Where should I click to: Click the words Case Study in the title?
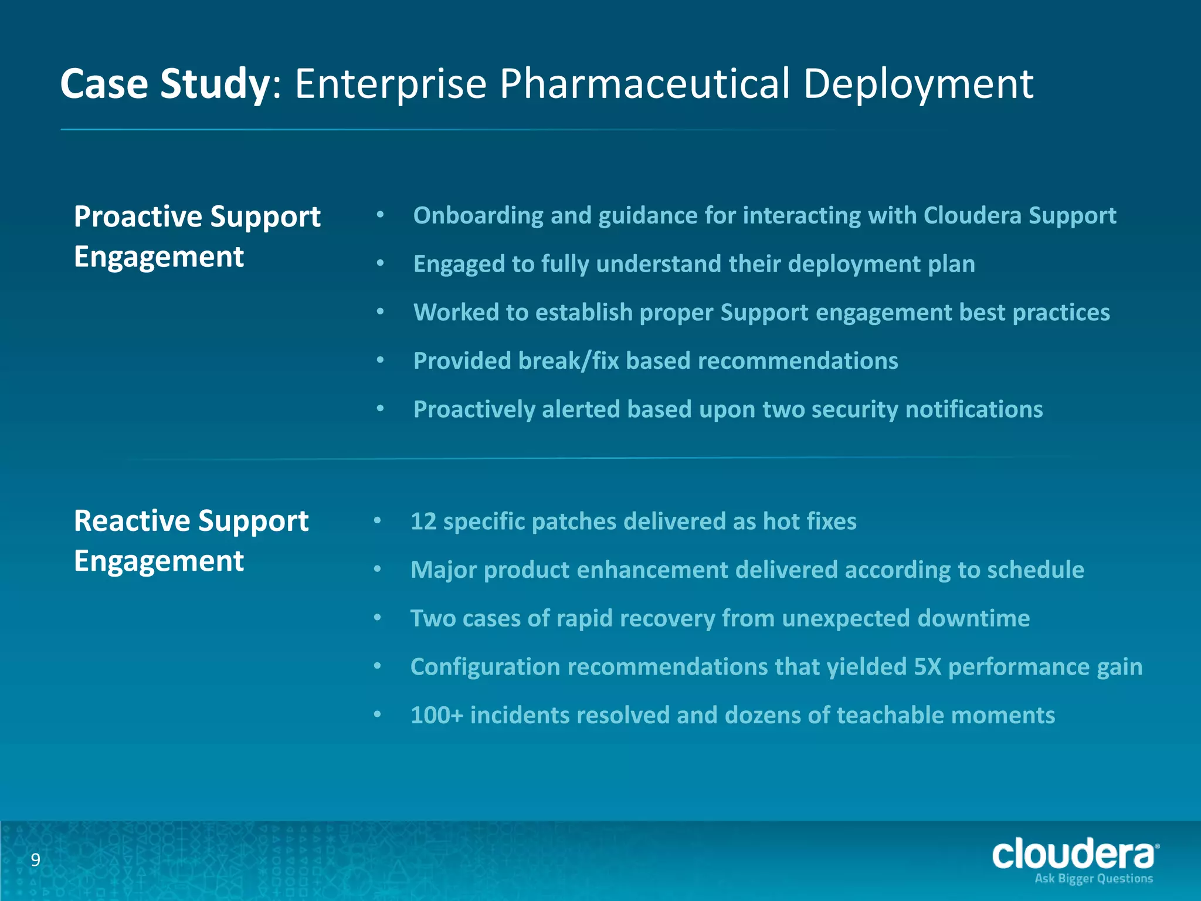point(164,84)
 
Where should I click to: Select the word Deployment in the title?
point(918,84)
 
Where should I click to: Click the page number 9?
point(36,860)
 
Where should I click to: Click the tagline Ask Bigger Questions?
point(1094,879)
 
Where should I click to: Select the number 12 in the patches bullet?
point(423,521)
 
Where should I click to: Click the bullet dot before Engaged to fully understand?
point(380,264)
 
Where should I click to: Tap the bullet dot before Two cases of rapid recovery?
point(378,618)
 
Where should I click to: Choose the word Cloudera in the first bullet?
point(972,216)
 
